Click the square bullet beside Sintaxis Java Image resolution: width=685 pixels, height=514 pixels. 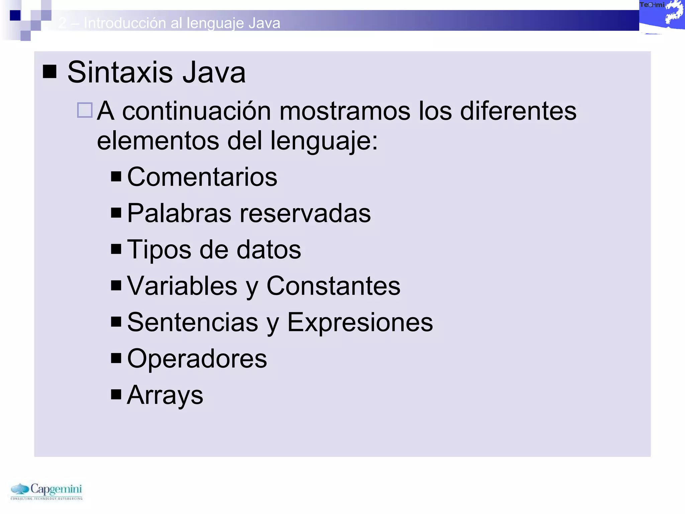50,71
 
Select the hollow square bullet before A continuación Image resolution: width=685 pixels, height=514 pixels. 85,110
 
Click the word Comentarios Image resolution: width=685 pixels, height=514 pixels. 202,177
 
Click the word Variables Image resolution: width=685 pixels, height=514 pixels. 182,286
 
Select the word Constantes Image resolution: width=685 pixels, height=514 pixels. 333,286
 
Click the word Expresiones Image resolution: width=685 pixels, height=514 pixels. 360,322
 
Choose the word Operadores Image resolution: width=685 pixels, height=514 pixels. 197,358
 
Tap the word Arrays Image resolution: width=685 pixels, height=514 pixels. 165,395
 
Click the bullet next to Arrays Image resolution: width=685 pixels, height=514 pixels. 116,394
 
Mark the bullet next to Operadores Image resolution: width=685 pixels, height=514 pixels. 116,358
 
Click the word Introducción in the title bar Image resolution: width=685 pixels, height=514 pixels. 125,23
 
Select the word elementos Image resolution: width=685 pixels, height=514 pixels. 158,141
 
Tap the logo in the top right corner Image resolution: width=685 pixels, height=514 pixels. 661,17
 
